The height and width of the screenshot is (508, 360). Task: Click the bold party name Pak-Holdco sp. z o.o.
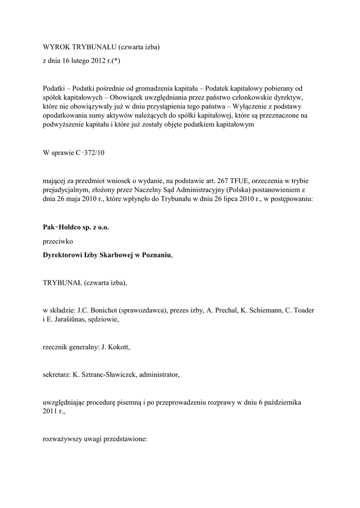pyautogui.click(x=75, y=228)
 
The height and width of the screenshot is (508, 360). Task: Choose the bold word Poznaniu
pyautogui.click(x=156, y=255)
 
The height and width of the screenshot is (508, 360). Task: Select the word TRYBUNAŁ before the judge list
pyautogui.click(x=62, y=283)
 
